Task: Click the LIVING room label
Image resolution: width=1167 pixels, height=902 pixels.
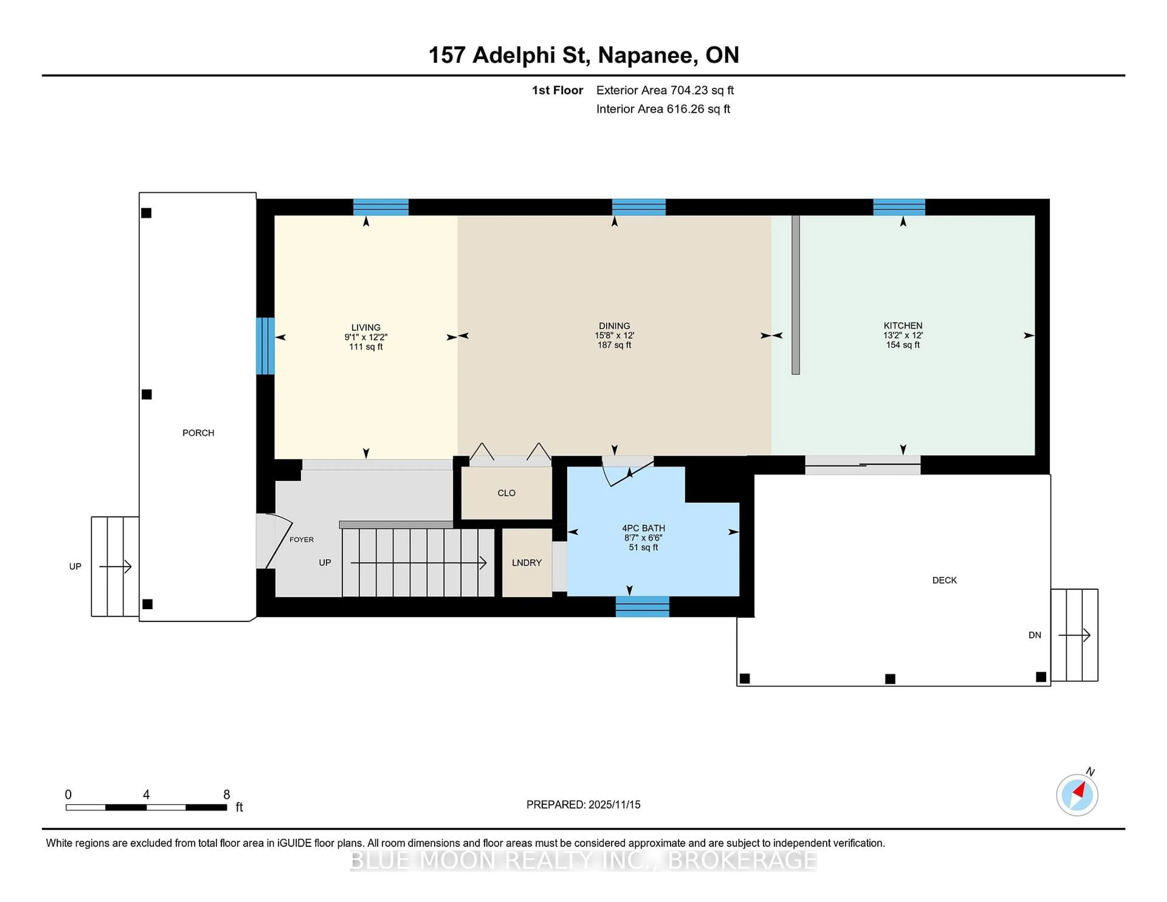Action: click(x=366, y=327)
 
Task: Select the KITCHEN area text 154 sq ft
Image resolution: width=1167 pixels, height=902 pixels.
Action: click(x=903, y=345)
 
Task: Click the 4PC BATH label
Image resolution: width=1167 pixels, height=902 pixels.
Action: click(x=643, y=528)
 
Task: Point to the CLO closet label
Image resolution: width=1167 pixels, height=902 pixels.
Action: click(x=506, y=493)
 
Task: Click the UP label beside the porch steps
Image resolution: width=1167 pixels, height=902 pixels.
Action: click(x=75, y=566)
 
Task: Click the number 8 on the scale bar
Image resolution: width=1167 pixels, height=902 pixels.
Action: click(x=226, y=795)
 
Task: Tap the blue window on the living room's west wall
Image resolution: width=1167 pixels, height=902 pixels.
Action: click(x=265, y=346)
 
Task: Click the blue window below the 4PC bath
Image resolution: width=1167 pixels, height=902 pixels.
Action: click(x=642, y=607)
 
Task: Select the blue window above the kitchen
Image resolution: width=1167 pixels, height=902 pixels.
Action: click(x=899, y=207)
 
